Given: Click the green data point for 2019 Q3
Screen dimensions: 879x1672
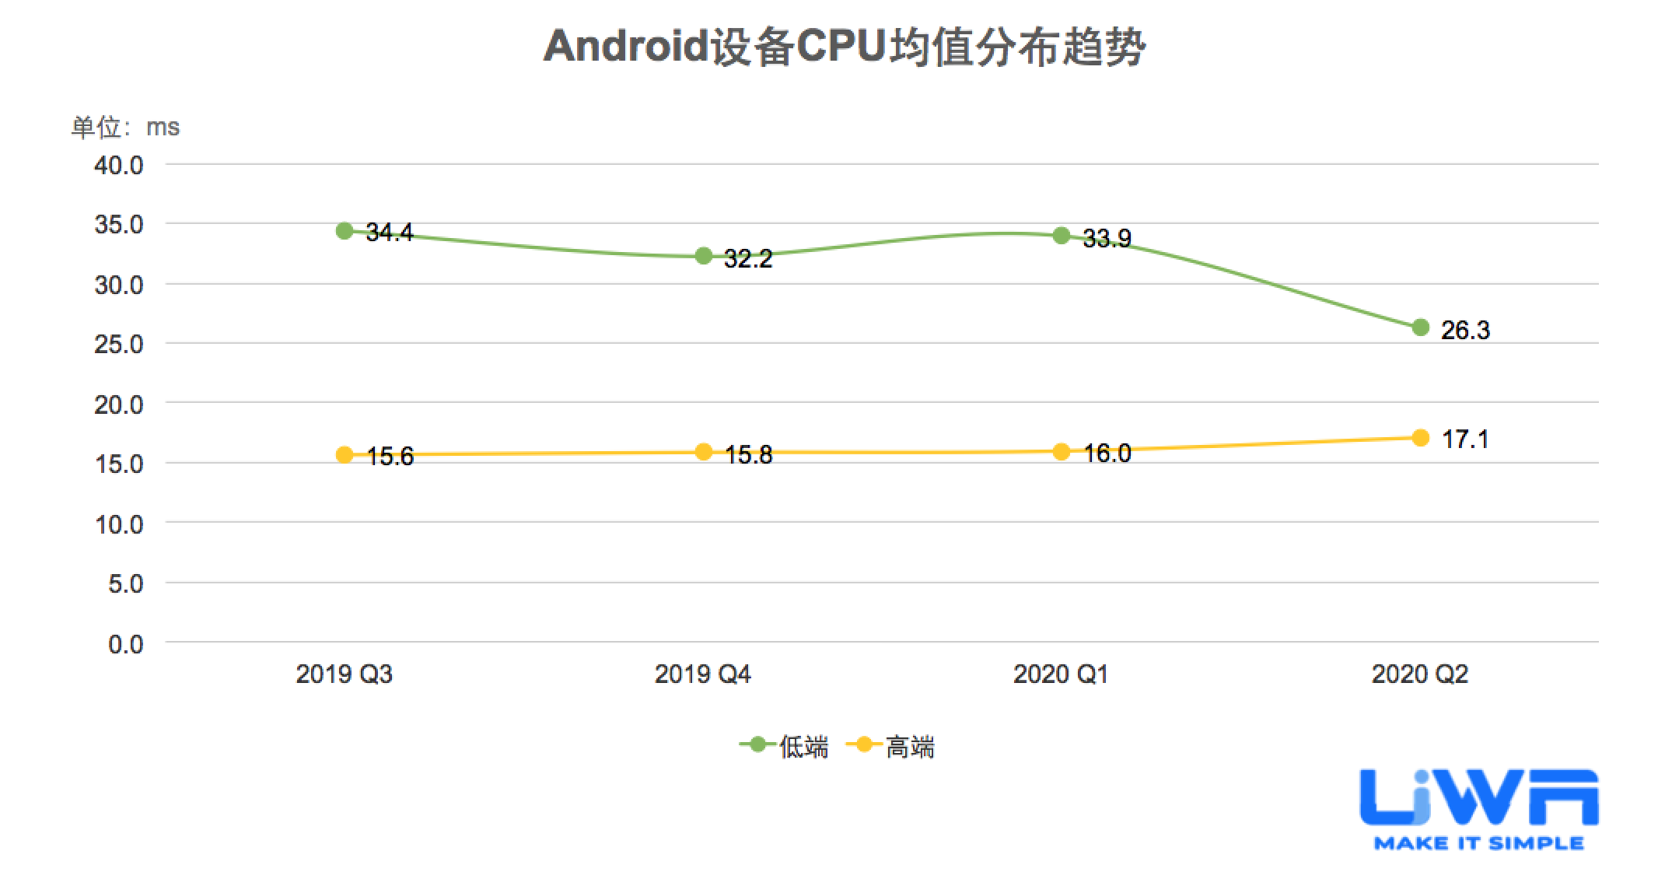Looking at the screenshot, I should point(345,231).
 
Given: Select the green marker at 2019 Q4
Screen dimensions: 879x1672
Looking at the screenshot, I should point(704,256).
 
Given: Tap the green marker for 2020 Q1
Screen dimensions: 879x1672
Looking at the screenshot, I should point(1062,236).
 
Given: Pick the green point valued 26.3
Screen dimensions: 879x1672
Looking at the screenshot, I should point(1420,327).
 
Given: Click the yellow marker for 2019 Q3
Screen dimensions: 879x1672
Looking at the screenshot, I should point(345,455).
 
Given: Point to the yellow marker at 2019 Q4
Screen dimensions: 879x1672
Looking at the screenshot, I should point(704,452).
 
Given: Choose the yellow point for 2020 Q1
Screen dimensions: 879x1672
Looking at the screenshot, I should point(1062,451).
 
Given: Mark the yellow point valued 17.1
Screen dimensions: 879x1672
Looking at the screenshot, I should point(1420,438).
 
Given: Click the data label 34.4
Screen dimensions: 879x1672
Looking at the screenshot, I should point(390,233).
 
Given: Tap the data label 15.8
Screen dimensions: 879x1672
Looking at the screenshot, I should point(749,455).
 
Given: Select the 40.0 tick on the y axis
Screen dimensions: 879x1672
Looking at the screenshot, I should point(119,166).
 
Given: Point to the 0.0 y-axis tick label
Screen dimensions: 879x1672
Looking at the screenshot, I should point(126,644).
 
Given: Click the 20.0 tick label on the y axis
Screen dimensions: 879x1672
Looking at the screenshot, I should point(119,404).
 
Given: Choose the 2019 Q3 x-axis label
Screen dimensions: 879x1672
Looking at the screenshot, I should point(344,674).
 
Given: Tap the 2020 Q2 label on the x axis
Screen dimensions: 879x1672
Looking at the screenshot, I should point(1419,674).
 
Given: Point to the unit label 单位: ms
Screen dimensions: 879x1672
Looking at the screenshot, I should point(125,127).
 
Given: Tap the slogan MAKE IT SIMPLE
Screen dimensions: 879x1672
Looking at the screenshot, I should point(1478,843).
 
